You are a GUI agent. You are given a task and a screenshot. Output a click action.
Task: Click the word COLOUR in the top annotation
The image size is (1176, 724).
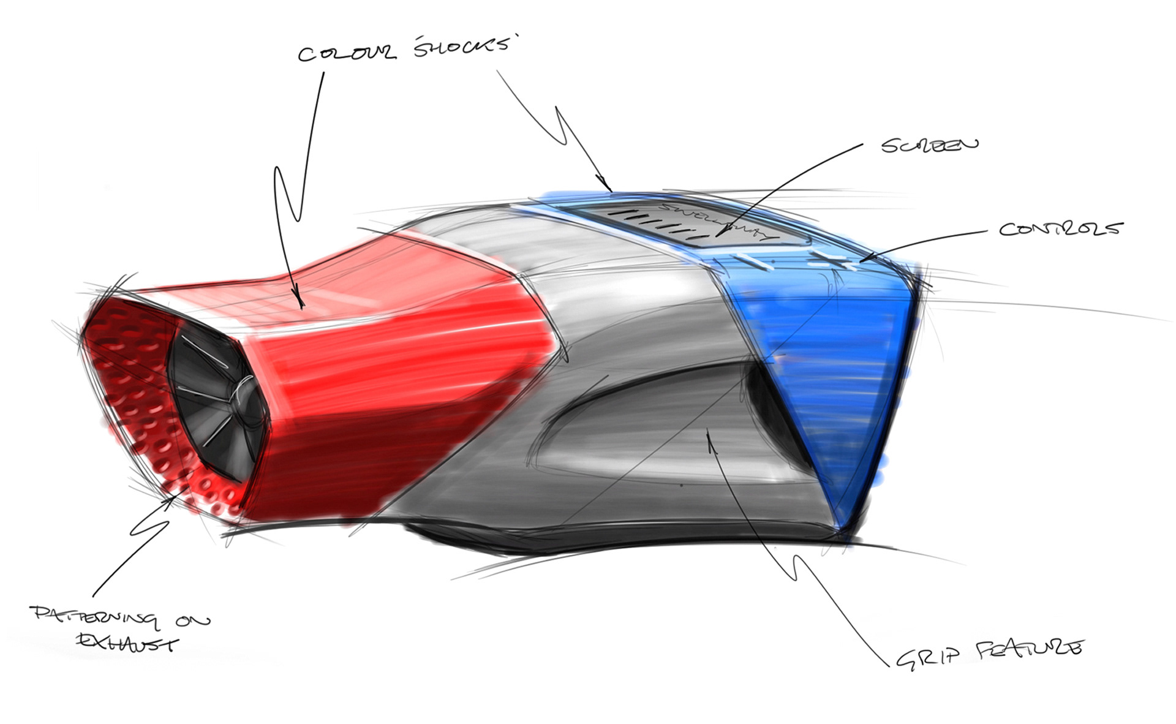click(x=346, y=53)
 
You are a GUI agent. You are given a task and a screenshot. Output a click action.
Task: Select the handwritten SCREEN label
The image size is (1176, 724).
click(x=930, y=145)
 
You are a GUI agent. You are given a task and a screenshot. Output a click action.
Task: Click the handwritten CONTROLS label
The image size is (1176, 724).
click(x=1061, y=229)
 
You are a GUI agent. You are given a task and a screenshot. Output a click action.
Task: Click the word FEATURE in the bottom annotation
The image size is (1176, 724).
click(x=1029, y=649)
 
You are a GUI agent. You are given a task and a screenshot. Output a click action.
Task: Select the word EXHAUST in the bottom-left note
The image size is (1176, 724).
click(x=127, y=643)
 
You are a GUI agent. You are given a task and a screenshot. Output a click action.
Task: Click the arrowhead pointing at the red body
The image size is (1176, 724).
click(x=300, y=303)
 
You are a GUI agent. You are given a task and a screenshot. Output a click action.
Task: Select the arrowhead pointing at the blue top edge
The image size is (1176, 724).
click(x=608, y=187)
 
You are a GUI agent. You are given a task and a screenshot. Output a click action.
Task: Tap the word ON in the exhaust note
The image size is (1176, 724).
click(x=193, y=621)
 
